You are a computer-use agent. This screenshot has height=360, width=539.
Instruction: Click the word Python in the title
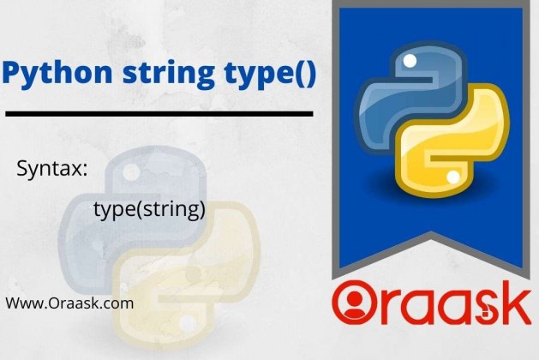(x=57, y=74)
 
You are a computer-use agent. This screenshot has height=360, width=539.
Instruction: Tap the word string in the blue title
(x=169, y=74)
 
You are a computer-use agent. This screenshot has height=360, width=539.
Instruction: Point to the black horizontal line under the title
(x=159, y=114)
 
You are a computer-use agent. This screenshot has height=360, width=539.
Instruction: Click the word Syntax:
(x=52, y=169)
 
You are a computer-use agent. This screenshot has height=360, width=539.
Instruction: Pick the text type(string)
(x=149, y=209)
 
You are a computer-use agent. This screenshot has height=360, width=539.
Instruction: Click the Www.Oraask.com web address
(x=69, y=303)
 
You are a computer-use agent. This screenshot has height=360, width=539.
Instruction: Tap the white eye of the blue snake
(x=410, y=61)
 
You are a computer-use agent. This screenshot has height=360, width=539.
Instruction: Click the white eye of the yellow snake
(x=453, y=177)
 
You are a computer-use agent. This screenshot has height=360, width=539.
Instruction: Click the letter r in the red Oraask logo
(x=387, y=308)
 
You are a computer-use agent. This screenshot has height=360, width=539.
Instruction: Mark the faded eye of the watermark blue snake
(x=131, y=171)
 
